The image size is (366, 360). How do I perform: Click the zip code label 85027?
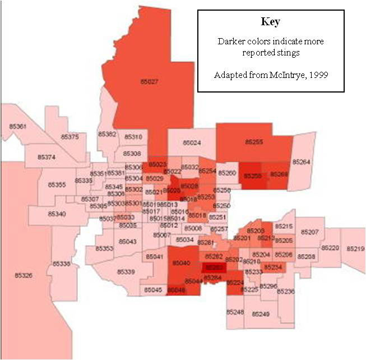click(x=149, y=82)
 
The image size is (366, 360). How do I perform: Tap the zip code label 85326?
click(x=24, y=275)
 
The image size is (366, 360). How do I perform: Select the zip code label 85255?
click(x=254, y=142)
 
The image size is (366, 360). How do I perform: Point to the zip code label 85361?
click(x=18, y=127)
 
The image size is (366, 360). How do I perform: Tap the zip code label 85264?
click(x=301, y=162)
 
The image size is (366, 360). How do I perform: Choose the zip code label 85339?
click(x=126, y=271)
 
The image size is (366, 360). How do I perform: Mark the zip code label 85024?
click(x=192, y=143)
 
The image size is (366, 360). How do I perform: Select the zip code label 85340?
click(x=56, y=214)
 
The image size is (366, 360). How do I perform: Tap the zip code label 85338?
click(x=62, y=264)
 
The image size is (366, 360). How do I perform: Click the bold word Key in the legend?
click(x=270, y=22)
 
